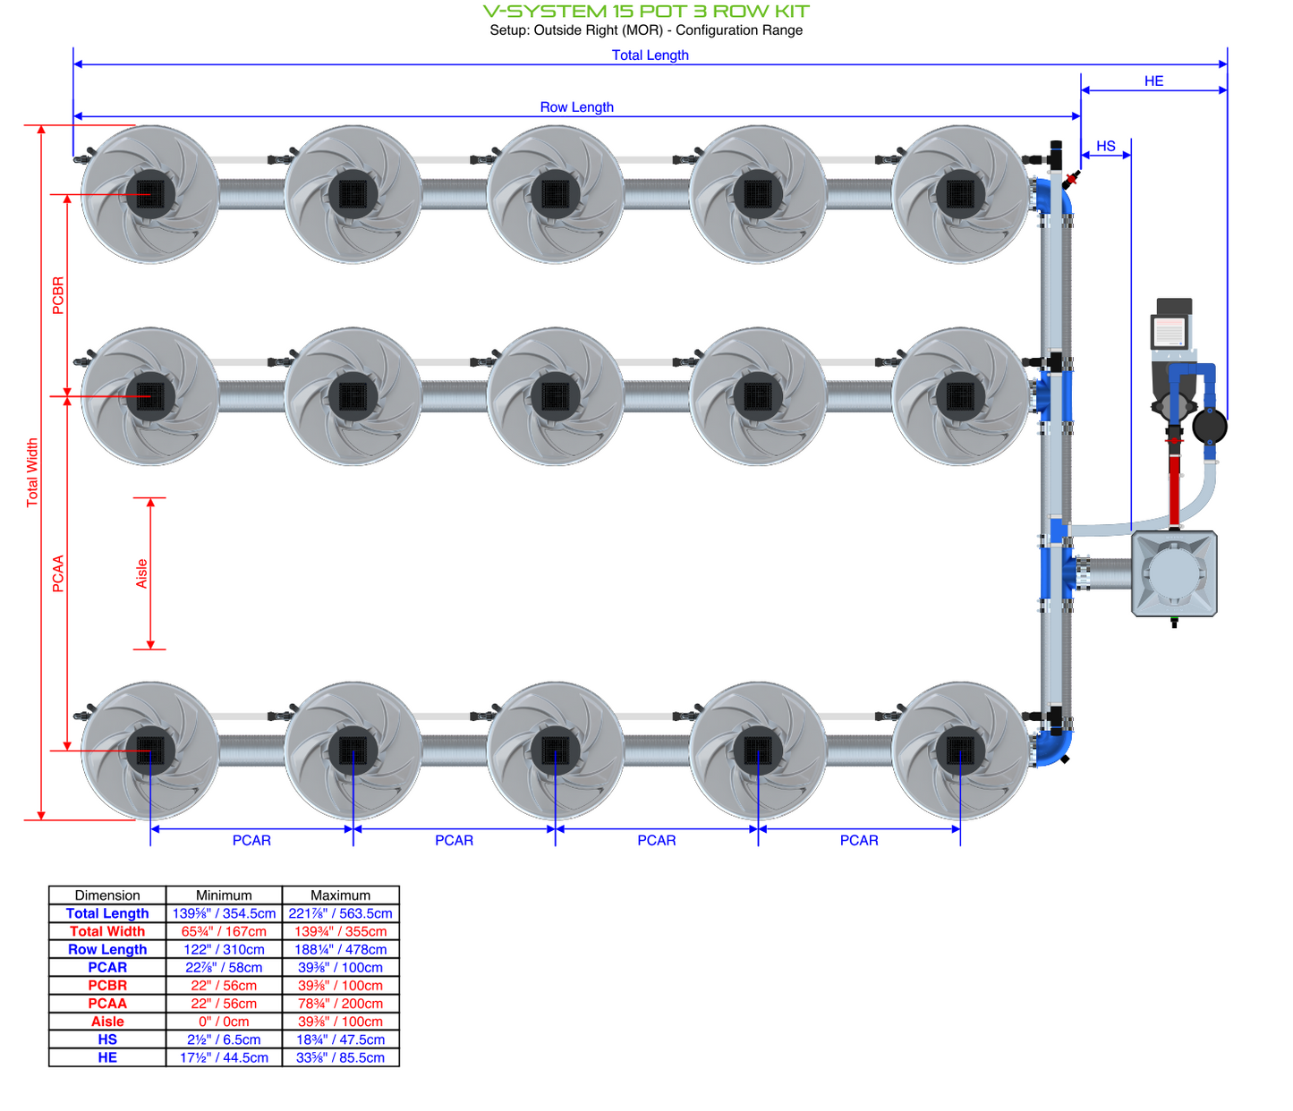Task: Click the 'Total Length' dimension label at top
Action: [650, 55]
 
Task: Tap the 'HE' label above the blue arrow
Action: [1153, 81]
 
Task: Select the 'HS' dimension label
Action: [1106, 146]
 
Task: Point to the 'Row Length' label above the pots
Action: [576, 106]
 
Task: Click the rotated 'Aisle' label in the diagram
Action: [141, 573]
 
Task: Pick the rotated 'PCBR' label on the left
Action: [58, 295]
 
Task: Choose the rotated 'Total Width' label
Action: [32, 472]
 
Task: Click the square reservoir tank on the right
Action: [1174, 574]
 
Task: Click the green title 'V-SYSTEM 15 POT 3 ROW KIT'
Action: [646, 12]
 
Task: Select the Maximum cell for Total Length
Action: [340, 913]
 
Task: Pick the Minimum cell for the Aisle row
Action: [224, 1022]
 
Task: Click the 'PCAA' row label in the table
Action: [107, 1004]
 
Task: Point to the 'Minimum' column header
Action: [224, 895]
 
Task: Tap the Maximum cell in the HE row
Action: [340, 1057]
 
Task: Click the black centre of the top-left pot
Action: [150, 193]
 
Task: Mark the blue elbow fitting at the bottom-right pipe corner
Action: [1054, 748]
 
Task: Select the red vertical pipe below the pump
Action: [1174, 488]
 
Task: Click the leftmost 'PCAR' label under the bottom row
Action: [251, 840]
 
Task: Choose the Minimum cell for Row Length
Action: [224, 949]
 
